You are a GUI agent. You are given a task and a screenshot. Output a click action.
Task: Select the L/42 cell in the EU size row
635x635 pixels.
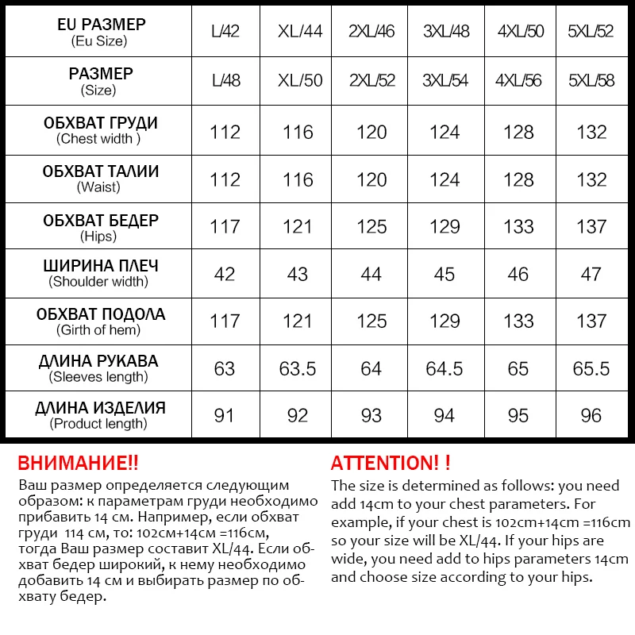click(225, 33)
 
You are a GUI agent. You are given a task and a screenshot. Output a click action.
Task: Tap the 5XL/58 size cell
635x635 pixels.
click(591, 81)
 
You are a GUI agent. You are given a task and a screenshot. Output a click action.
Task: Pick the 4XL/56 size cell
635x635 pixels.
click(518, 81)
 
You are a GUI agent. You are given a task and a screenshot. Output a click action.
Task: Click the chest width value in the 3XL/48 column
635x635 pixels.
click(444, 133)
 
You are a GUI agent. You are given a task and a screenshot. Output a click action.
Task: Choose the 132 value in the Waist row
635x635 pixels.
click(591, 180)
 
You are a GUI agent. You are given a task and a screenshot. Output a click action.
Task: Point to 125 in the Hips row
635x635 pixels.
click(371, 227)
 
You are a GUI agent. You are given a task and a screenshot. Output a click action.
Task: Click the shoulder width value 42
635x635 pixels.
click(225, 275)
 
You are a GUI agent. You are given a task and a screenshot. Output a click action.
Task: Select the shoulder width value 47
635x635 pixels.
click(591, 275)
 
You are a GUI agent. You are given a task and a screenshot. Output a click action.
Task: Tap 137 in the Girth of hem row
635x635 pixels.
click(591, 321)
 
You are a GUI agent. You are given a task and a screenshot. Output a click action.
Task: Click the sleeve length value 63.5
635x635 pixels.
click(298, 369)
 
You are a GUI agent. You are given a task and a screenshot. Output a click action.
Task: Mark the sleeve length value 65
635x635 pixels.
click(518, 369)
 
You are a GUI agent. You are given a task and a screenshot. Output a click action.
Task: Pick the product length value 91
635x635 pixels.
click(225, 416)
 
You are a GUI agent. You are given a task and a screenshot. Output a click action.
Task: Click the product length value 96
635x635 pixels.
click(591, 416)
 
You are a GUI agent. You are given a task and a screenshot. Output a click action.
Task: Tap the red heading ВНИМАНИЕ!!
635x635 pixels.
click(78, 464)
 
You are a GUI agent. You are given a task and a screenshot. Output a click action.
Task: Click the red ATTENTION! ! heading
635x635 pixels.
click(391, 464)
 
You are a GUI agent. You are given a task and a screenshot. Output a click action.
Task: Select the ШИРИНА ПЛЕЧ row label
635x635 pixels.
click(98, 267)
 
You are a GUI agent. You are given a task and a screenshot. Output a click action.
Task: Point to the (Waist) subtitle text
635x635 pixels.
click(98, 187)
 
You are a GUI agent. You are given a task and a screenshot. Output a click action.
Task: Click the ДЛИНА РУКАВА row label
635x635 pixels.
click(98, 361)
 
